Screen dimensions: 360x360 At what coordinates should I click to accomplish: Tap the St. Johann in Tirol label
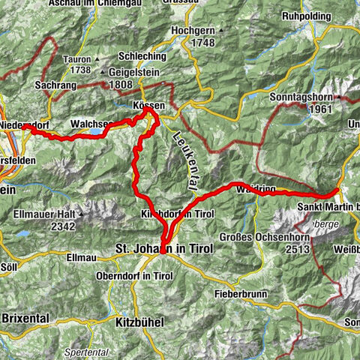[164, 248]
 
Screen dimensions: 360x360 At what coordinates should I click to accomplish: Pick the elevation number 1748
[202, 43]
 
